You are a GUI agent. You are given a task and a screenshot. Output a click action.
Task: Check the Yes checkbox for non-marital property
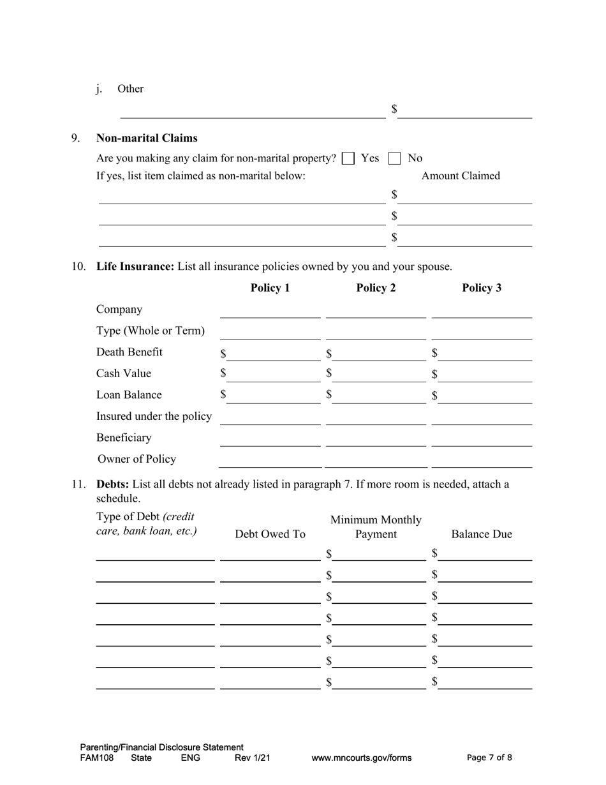348,158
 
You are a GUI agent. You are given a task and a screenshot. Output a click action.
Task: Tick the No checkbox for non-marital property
395,158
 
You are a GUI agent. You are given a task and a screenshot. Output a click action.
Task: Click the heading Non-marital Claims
147,138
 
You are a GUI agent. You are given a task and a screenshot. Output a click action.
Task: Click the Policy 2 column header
376,288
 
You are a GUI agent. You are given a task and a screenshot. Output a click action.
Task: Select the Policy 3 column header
482,288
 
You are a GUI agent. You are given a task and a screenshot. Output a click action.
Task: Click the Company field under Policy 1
270,311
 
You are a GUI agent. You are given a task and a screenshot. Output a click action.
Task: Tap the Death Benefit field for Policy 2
379,354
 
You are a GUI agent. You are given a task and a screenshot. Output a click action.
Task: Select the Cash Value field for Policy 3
485,375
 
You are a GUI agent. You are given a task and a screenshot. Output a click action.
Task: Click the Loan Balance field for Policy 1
273,396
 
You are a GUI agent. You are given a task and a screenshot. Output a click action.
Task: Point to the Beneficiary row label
124,438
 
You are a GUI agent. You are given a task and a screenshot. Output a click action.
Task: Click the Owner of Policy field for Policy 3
482,461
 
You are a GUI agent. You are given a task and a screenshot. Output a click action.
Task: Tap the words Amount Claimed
461,176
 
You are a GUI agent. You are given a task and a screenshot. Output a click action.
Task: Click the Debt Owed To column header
270,534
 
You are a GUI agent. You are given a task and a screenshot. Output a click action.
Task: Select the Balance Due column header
481,534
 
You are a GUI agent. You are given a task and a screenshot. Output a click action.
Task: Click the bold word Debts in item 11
112,484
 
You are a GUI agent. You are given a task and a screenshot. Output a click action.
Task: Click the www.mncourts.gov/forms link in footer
361,758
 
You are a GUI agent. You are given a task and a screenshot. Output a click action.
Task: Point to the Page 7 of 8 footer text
489,758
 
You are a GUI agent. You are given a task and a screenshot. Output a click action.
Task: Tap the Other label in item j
130,89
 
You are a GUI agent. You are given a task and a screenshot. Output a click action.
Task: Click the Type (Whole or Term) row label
151,331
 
